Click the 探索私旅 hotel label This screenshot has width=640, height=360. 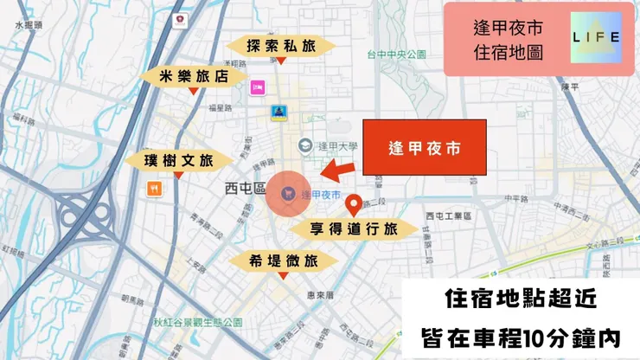click(x=279, y=45)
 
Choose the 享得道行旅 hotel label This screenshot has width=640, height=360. click(x=354, y=228)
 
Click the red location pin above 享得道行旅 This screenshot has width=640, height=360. click(x=353, y=205)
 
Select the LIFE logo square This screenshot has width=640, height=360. click(x=597, y=37)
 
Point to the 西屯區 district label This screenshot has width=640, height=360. click(x=243, y=187)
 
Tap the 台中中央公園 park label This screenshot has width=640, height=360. click(x=396, y=55)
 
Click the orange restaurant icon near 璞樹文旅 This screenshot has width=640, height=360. click(x=154, y=188)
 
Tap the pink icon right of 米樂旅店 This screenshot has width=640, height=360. click(x=257, y=87)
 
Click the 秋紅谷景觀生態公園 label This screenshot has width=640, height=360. click(x=198, y=322)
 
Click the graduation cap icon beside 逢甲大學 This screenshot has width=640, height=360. click(x=304, y=145)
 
